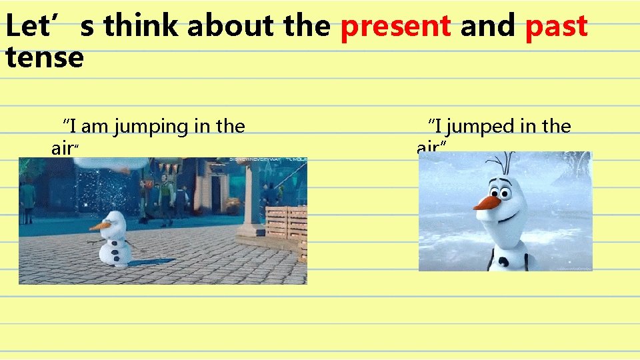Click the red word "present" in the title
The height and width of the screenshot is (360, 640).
point(395,27)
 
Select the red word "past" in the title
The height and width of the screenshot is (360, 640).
point(556,27)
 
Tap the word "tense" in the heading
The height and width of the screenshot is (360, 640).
point(44,57)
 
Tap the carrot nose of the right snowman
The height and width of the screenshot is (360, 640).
point(486,202)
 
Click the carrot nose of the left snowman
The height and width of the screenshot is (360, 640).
point(99,226)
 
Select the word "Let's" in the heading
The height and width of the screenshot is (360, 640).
point(40,27)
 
